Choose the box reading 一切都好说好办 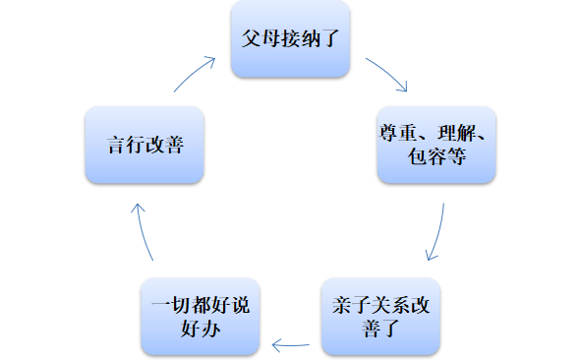tap(202, 317)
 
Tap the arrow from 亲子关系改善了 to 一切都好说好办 tap(292, 345)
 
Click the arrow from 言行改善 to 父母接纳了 tap(196, 74)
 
